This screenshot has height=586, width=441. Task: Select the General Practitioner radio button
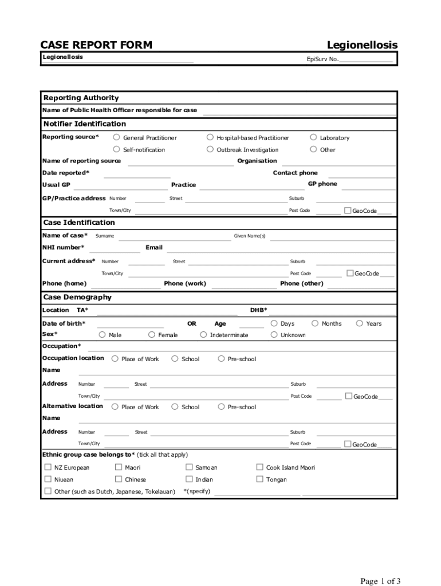point(116,137)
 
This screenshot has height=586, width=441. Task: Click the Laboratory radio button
point(313,137)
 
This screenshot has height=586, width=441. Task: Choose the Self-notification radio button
point(116,149)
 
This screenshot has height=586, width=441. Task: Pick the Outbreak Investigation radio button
point(210,149)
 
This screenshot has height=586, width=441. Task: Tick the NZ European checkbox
point(48,467)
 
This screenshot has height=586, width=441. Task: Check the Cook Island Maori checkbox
point(260,467)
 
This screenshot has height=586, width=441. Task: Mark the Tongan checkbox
point(260,479)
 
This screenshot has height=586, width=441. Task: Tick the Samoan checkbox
point(190,467)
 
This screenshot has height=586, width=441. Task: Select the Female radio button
point(152,335)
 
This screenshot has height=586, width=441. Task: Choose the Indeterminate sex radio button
point(203,335)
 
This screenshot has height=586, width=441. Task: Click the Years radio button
point(360,323)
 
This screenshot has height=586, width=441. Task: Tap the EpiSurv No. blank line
point(366,60)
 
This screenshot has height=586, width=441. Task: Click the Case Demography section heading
point(77,297)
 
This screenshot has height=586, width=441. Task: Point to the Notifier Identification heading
point(84,124)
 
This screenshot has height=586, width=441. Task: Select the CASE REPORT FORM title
point(96,45)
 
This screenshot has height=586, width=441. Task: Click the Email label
point(154,248)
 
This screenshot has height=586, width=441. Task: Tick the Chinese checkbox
point(119,479)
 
